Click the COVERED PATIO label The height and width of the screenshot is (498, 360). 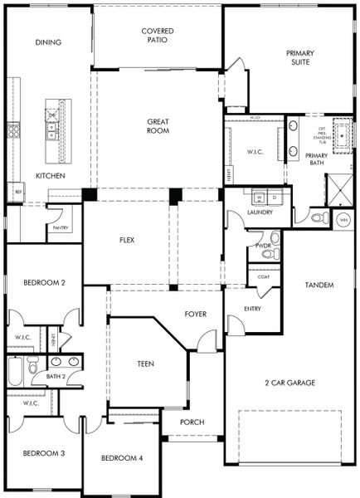pyautogui.click(x=157, y=34)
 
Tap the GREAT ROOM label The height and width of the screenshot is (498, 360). pyautogui.click(x=158, y=126)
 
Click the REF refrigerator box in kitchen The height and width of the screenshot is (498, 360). pyautogui.click(x=17, y=192)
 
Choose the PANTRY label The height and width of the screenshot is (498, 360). pyautogui.click(x=61, y=228)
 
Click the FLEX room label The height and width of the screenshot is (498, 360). pyautogui.click(x=127, y=241)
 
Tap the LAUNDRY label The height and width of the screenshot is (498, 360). pyautogui.click(x=260, y=212)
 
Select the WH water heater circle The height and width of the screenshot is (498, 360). pyautogui.click(x=343, y=220)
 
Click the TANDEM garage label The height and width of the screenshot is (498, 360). pyautogui.click(x=319, y=286)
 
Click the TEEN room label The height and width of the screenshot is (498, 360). pyautogui.click(x=145, y=364)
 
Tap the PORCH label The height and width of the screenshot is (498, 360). pyautogui.click(x=192, y=422)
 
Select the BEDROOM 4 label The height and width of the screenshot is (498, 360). pyautogui.click(x=122, y=458)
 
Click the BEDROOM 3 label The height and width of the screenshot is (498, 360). pyautogui.click(x=43, y=453)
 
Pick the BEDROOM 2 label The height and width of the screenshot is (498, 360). pyautogui.click(x=46, y=282)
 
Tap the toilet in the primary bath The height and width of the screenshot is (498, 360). pyautogui.click(x=317, y=217)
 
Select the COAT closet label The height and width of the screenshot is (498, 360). pyautogui.click(x=263, y=276)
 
